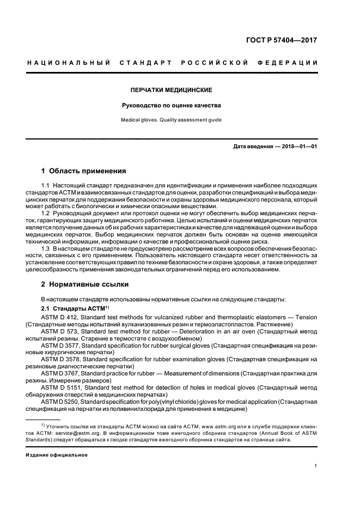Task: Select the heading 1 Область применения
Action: (x=84, y=170)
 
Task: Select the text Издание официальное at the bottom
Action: (x=57, y=454)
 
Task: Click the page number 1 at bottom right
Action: (x=316, y=466)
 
